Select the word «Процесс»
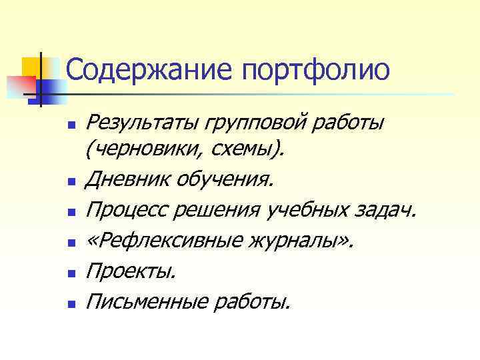pyautogui.click(x=127, y=211)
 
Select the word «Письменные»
pyautogui.click(x=146, y=303)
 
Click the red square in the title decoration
pyautogui.click(x=19, y=86)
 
